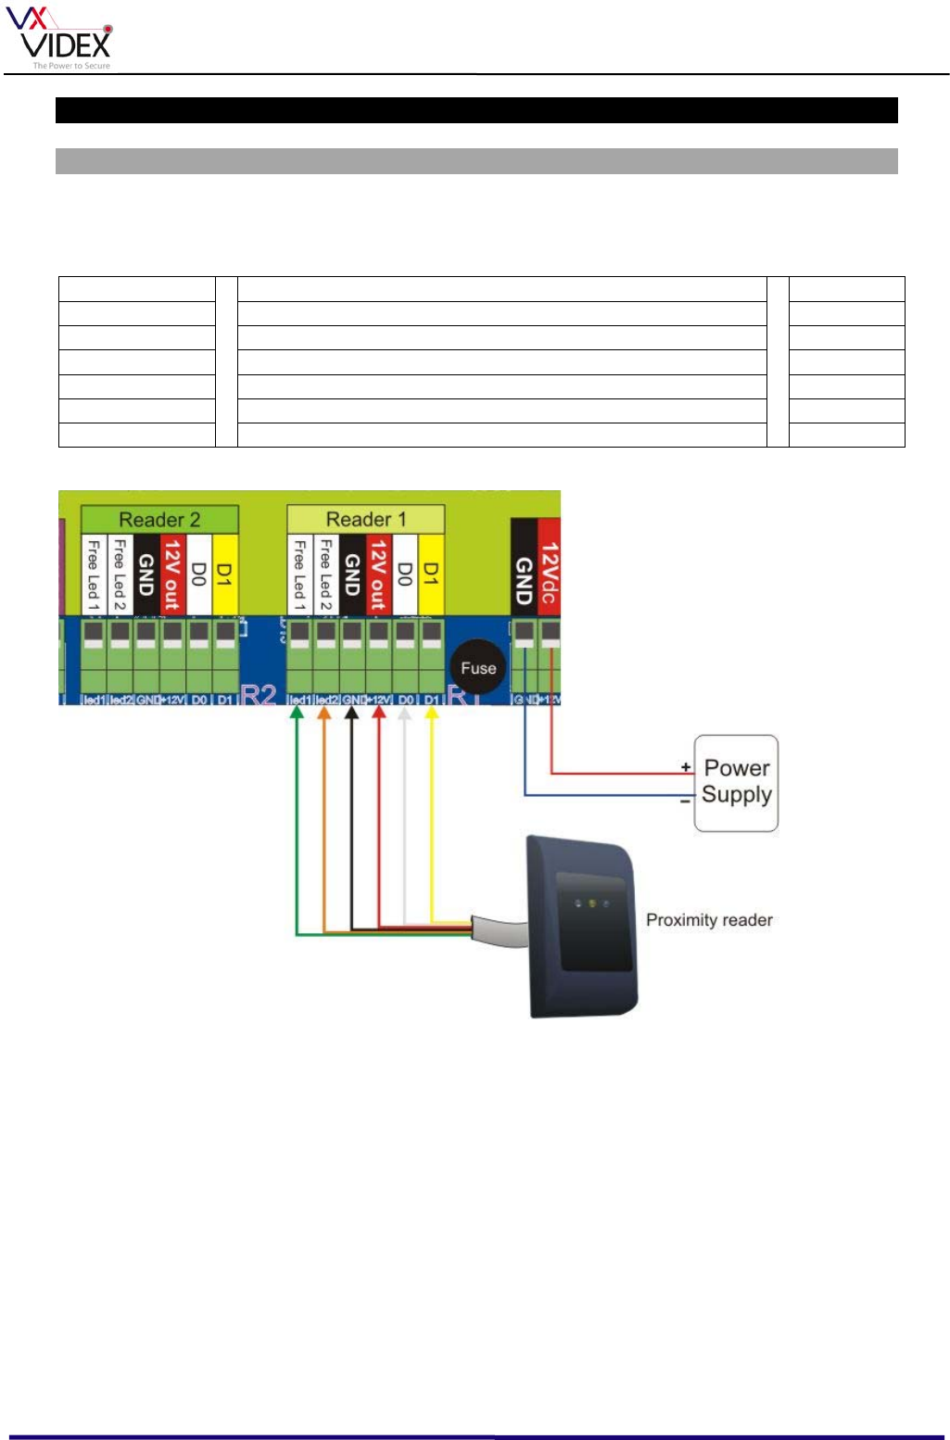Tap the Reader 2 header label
159,519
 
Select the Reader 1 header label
365,519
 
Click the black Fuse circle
478,667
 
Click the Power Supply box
736,782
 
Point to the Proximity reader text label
709,919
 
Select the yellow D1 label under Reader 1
430,574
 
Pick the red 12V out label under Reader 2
172,574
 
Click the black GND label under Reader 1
352,574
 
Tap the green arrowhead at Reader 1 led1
298,713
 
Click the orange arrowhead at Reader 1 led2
324,713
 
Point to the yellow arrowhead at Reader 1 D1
431,713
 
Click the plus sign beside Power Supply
685,767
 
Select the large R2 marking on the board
259,694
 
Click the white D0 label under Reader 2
198,574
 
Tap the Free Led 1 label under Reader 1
299,574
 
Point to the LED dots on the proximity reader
591,903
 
